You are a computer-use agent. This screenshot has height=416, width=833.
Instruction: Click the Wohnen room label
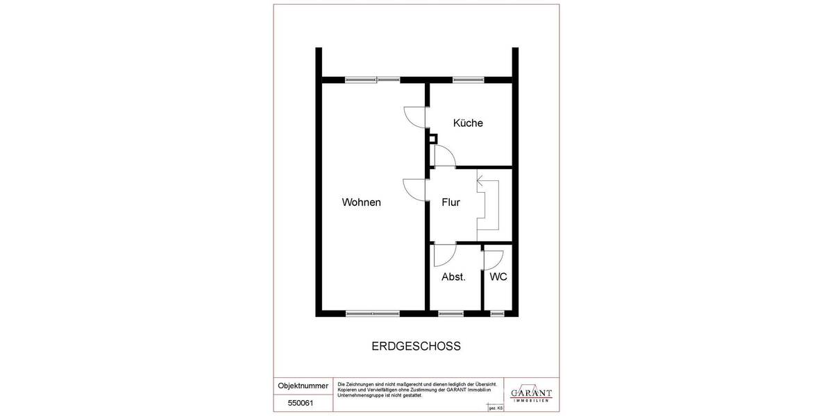pos(361,202)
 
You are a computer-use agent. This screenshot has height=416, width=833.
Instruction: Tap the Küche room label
pos(468,123)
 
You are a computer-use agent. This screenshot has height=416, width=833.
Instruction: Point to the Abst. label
pos(453,277)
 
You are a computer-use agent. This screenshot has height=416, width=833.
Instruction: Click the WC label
pos(498,277)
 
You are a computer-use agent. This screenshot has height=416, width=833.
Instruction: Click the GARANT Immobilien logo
pos(531,393)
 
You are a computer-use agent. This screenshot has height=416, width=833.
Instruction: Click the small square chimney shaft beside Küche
pos(432,139)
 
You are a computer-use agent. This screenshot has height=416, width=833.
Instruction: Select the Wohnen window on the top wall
pos(373,79)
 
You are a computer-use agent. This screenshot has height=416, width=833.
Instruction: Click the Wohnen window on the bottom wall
pos(373,313)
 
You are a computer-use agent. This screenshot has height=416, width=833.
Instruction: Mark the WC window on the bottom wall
pos(497,313)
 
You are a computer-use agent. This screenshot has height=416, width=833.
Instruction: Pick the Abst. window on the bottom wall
pos(451,313)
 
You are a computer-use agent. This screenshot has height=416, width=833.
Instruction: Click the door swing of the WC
pos(492,259)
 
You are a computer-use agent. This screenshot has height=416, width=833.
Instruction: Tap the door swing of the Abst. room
pos(443,256)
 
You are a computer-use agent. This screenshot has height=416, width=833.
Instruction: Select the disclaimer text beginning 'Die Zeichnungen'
pos(416,390)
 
